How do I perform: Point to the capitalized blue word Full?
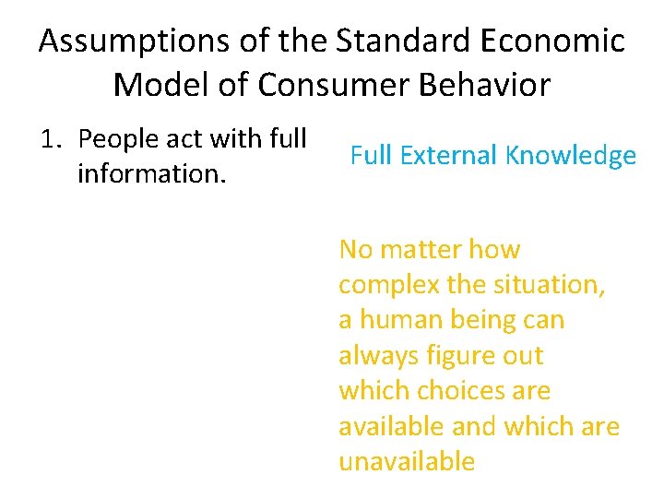(370, 156)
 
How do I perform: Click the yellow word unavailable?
(407, 461)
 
